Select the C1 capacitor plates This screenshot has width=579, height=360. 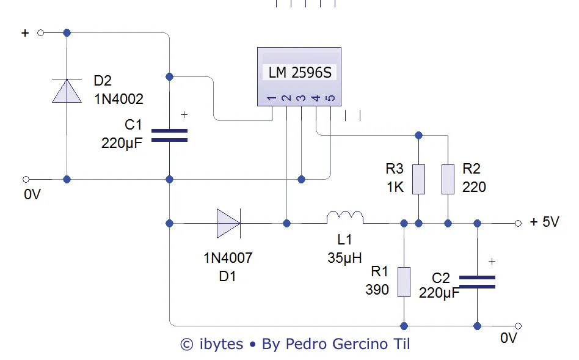pos(169,135)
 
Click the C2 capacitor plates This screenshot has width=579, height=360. pos(477,281)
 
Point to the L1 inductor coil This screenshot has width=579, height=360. pos(345,218)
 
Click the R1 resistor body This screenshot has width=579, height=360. pos(404,282)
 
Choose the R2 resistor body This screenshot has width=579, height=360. pos(448,179)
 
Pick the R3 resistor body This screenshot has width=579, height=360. pos(418,179)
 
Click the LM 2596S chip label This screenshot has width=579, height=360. pos(300,73)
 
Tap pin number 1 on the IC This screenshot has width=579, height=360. pos(271,98)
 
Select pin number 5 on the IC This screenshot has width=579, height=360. pos(330,98)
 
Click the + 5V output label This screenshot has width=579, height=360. pos(544,222)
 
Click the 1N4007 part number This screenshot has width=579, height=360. pos(228,258)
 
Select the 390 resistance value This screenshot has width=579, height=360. pos(377,290)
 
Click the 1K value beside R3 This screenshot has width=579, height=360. pos(395,187)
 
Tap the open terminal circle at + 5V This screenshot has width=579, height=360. pos(518,223)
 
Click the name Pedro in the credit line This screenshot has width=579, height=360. pos(308,344)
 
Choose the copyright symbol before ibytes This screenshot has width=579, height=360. pos(187,345)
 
